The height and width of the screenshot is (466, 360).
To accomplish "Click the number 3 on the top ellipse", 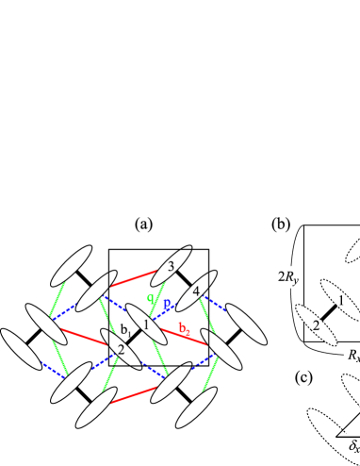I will [x=171, y=267].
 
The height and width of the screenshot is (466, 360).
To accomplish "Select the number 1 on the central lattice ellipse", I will [x=146, y=325].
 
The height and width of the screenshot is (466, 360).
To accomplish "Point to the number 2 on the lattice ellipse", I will [x=121, y=350].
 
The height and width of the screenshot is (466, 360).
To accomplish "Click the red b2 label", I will [x=186, y=328].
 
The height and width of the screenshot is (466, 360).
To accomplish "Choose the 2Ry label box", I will [x=286, y=277].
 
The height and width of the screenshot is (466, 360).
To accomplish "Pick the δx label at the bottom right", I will [x=351, y=444].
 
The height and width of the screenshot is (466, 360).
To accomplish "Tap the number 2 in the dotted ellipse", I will [x=318, y=325].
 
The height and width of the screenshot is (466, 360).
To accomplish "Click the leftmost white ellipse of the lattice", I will [x=20, y=349].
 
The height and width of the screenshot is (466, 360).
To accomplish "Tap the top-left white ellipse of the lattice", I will [x=71, y=265].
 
